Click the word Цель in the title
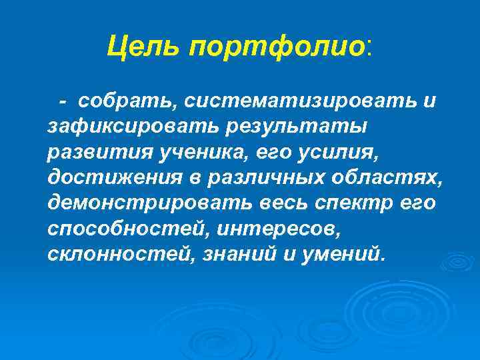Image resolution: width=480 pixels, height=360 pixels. tap(144, 46)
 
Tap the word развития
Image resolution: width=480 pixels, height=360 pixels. tap(96, 152)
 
